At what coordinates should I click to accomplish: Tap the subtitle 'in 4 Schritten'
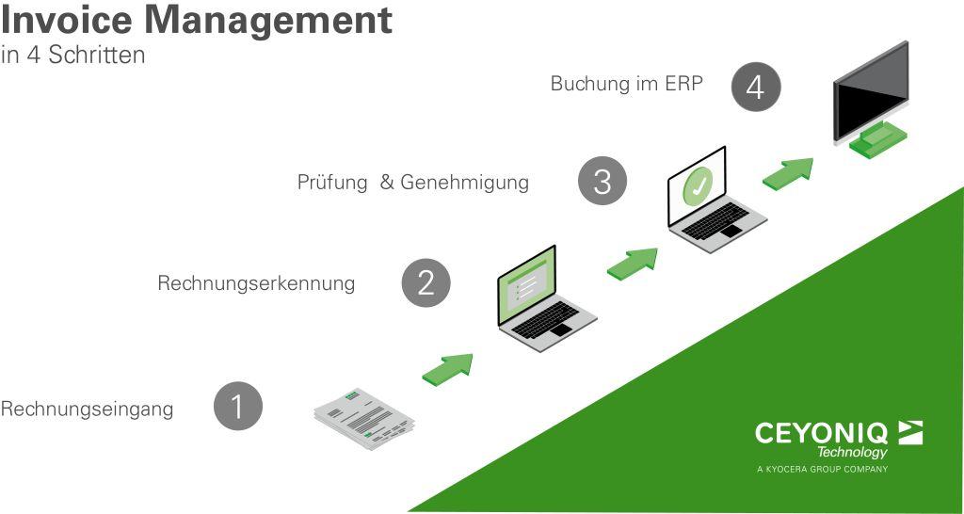click(73, 55)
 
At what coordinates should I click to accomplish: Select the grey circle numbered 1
click(238, 406)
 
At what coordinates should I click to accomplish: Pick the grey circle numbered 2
click(426, 282)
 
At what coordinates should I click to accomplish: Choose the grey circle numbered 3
click(602, 182)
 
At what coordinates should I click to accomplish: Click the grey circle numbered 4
click(756, 88)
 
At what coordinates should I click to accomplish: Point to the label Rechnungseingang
click(87, 410)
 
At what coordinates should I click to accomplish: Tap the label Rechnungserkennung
click(256, 283)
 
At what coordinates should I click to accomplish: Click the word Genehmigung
click(465, 183)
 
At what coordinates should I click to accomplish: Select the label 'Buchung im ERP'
click(626, 83)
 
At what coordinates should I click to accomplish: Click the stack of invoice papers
click(364, 418)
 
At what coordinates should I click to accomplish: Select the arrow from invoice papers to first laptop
click(447, 370)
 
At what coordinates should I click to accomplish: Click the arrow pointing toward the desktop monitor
click(788, 174)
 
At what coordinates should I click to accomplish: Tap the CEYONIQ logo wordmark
click(821, 433)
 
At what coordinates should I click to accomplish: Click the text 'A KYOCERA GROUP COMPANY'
click(823, 469)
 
